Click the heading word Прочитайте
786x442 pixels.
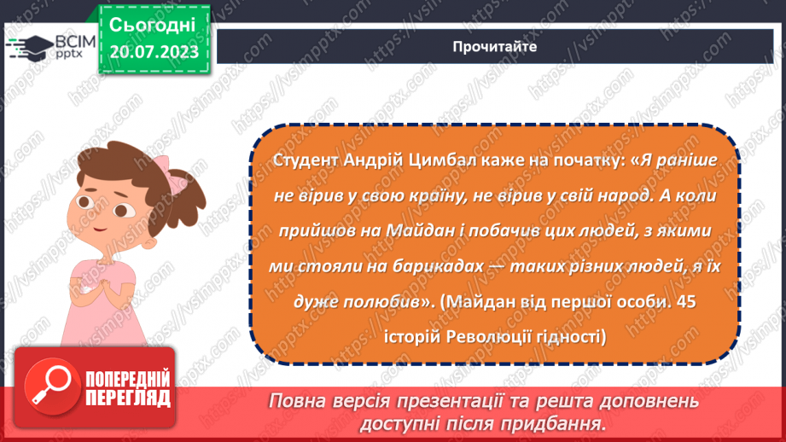click(494, 47)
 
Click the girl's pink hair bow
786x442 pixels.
click(179, 181)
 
